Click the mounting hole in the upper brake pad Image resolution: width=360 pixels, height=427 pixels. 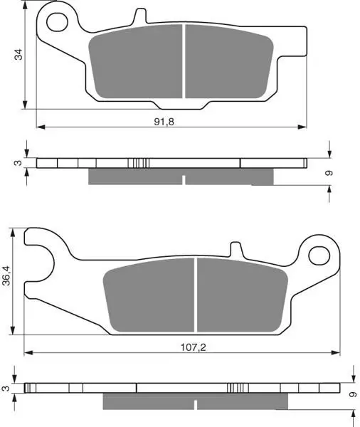point(57,22)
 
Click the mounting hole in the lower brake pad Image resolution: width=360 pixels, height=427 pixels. point(319,255)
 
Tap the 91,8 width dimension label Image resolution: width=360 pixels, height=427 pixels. point(164,122)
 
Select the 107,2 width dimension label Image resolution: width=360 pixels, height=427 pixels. point(194,347)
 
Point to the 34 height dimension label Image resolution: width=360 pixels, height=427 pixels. point(18,55)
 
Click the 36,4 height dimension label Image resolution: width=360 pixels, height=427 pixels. point(6,275)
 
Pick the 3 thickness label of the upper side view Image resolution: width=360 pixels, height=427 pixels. point(18,163)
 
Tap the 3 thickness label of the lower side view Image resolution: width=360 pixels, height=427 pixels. point(6,388)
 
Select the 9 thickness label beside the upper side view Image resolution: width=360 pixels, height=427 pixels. point(329,173)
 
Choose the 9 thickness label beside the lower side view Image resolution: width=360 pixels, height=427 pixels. point(353,394)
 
